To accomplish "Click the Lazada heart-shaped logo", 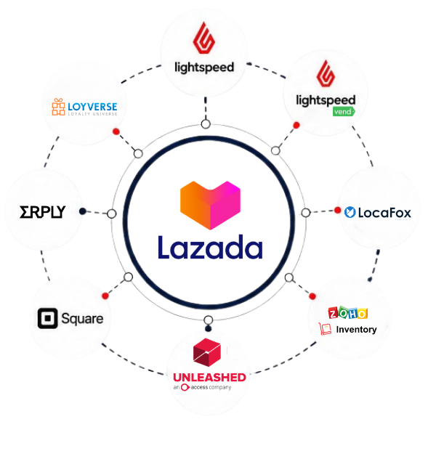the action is (210, 205).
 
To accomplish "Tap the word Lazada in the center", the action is (210, 247).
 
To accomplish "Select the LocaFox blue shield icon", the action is (350, 212).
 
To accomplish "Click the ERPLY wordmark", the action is (43, 212).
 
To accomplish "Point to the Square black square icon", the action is (47, 318).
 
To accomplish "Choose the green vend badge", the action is (344, 112).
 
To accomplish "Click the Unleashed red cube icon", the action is (207, 352).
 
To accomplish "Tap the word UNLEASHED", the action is (209, 377).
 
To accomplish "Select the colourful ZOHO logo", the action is (348, 313).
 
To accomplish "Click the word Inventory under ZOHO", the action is (356, 329).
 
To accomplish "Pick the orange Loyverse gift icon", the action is (58, 107).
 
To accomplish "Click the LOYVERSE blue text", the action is (92, 107).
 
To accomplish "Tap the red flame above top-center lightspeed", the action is (203, 38).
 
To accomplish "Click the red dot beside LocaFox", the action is (338, 211).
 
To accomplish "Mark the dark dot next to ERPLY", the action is (83, 211).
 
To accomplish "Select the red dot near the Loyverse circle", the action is (116, 131).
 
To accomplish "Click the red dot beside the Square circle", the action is (105, 296).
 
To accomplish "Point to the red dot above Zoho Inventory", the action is (312, 296).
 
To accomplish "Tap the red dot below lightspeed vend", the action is (296, 125).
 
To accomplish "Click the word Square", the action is (82, 319).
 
